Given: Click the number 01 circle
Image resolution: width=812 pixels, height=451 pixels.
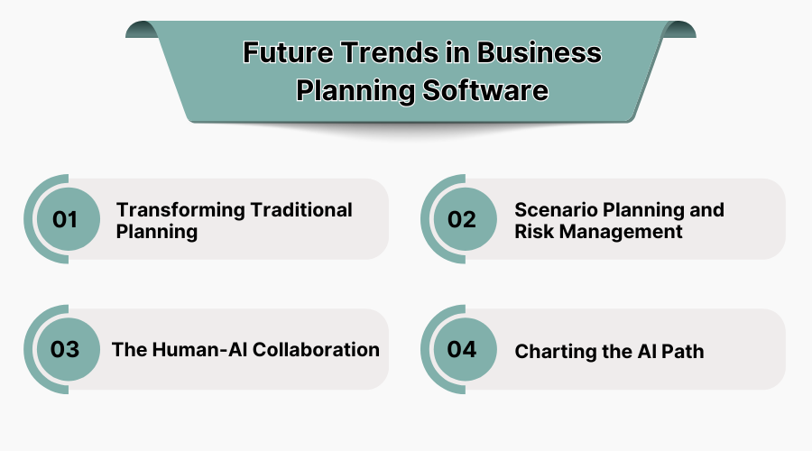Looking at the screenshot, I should coord(66,219).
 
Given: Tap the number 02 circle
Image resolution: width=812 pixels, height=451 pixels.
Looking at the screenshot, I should coord(462,219).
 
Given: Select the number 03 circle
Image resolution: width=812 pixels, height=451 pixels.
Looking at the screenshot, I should coord(66,349).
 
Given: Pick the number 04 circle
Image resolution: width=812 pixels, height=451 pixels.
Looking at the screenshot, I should coord(462,349).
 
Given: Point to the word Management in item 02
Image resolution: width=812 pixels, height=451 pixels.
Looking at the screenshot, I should coord(622,231).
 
